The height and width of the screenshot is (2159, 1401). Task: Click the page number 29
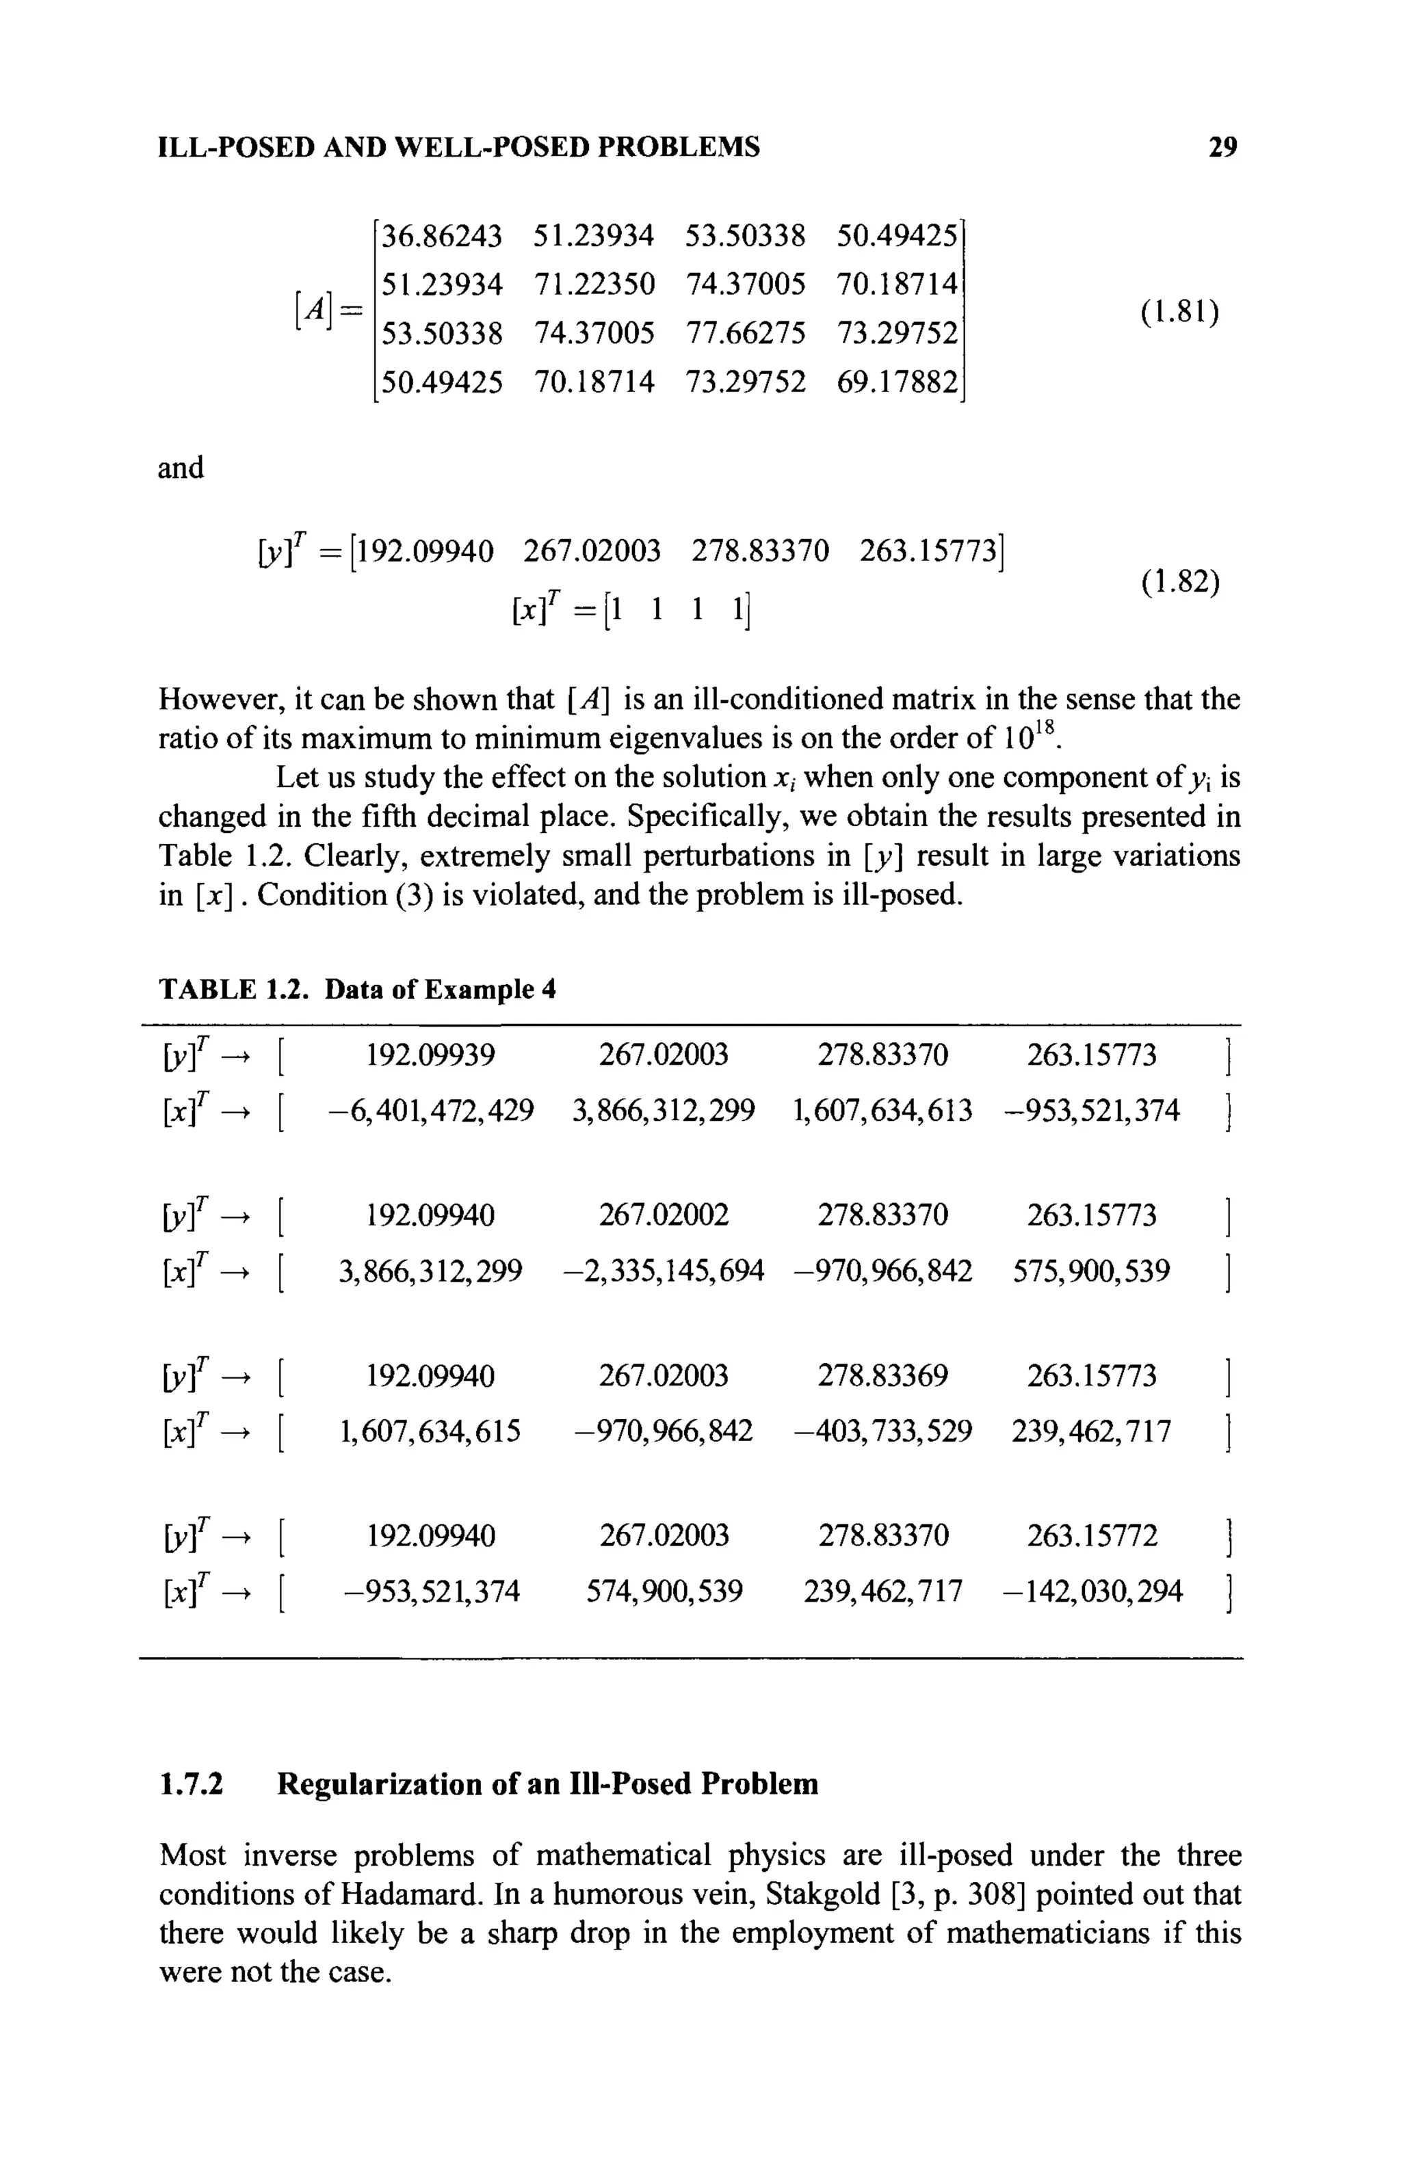coord(1222,146)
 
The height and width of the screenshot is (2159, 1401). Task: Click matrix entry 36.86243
coord(441,236)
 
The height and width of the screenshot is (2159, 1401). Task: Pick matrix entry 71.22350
coord(593,285)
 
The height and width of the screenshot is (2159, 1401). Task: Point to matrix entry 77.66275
coord(745,334)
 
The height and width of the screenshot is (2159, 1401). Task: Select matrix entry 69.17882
coord(897,382)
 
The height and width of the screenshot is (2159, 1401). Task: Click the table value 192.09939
coord(430,1055)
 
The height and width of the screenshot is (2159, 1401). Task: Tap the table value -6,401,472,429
coord(431,1111)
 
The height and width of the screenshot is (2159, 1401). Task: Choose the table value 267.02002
coord(664,1215)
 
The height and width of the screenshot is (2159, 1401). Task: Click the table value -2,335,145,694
coord(664,1270)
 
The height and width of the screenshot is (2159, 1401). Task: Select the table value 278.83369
coord(882,1376)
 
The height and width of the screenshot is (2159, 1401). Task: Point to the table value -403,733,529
coord(882,1431)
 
